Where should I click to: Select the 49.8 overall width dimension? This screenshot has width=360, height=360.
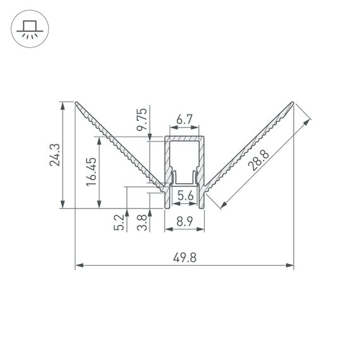184,257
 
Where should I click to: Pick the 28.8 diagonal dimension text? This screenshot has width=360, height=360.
258,159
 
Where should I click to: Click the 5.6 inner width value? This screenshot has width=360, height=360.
185,196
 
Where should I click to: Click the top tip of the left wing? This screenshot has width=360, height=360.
76,102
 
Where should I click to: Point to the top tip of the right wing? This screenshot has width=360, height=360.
293,102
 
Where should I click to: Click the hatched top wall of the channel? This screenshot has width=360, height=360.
184,138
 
